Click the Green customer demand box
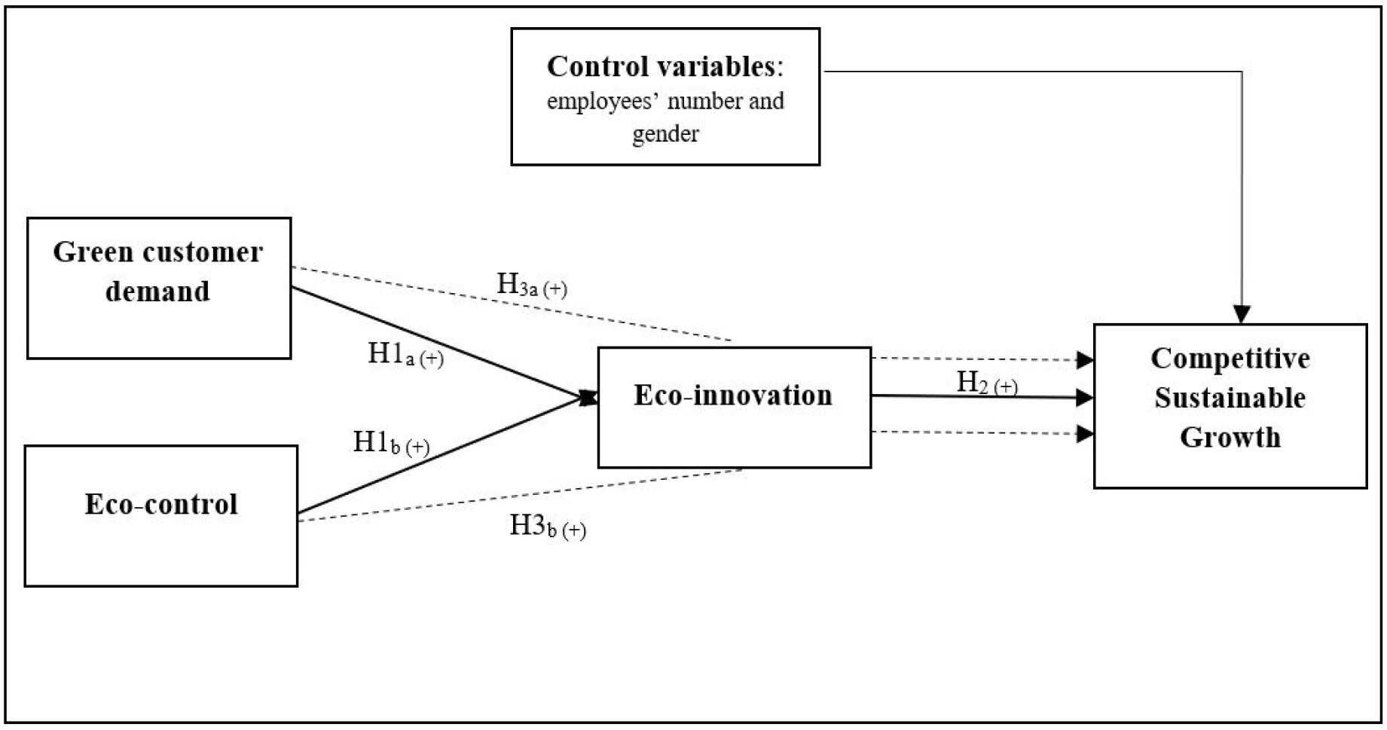pos(158,288)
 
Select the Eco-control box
pos(160,515)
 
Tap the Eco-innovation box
pos(734,407)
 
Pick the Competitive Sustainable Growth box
pos(1230,406)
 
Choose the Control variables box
pos(664,96)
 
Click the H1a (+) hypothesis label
pos(405,354)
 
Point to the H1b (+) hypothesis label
pos(391,443)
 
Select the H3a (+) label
pos(531,285)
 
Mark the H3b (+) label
pos(548,526)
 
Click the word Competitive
pos(1230,359)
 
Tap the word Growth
pos(1230,437)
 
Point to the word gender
pos(665,134)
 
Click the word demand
pos(157,291)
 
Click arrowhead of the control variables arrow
pos(1241,314)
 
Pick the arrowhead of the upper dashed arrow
pos(1085,360)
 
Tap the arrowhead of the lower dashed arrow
pos(1085,433)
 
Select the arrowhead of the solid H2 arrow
pos(1085,397)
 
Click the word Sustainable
pos(1230,398)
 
